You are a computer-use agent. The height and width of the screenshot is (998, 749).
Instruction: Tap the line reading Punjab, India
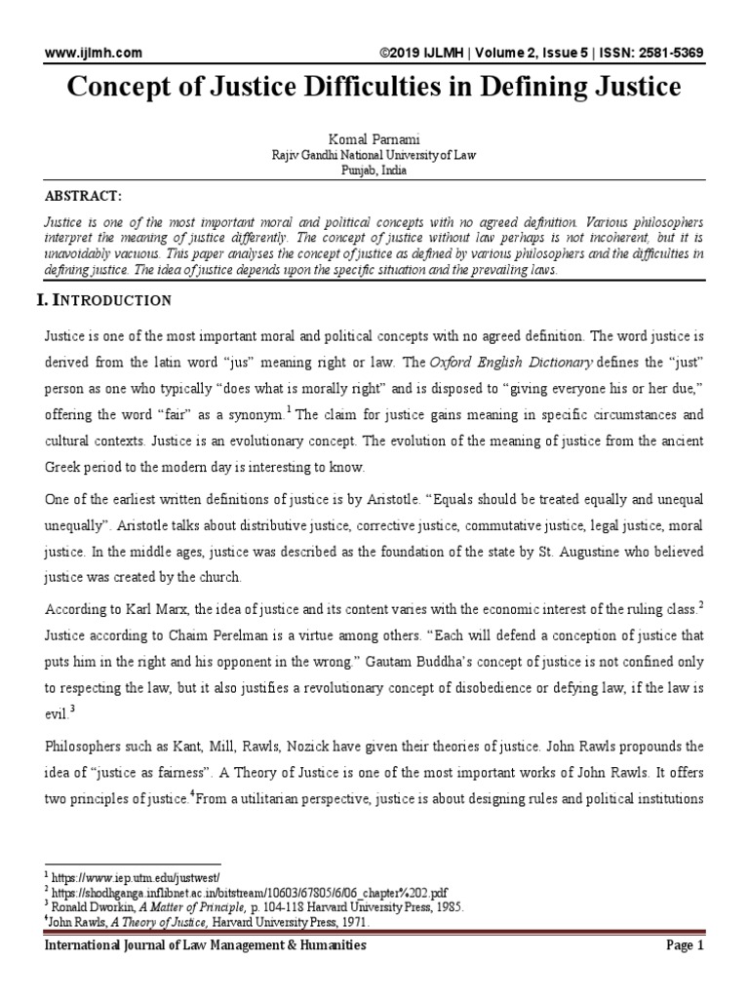(x=374, y=170)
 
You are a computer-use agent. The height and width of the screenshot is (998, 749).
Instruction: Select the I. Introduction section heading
(x=103, y=299)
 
